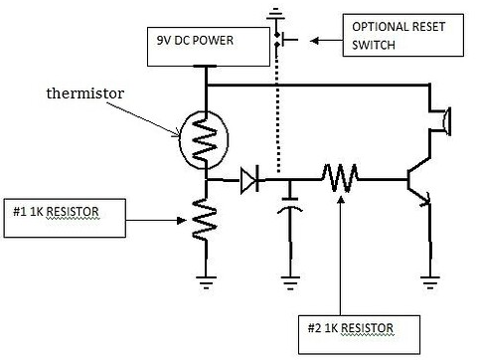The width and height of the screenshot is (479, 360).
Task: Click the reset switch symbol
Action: (281, 39)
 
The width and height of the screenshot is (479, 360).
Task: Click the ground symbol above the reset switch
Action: (273, 13)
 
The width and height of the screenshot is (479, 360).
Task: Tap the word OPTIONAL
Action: (378, 27)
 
